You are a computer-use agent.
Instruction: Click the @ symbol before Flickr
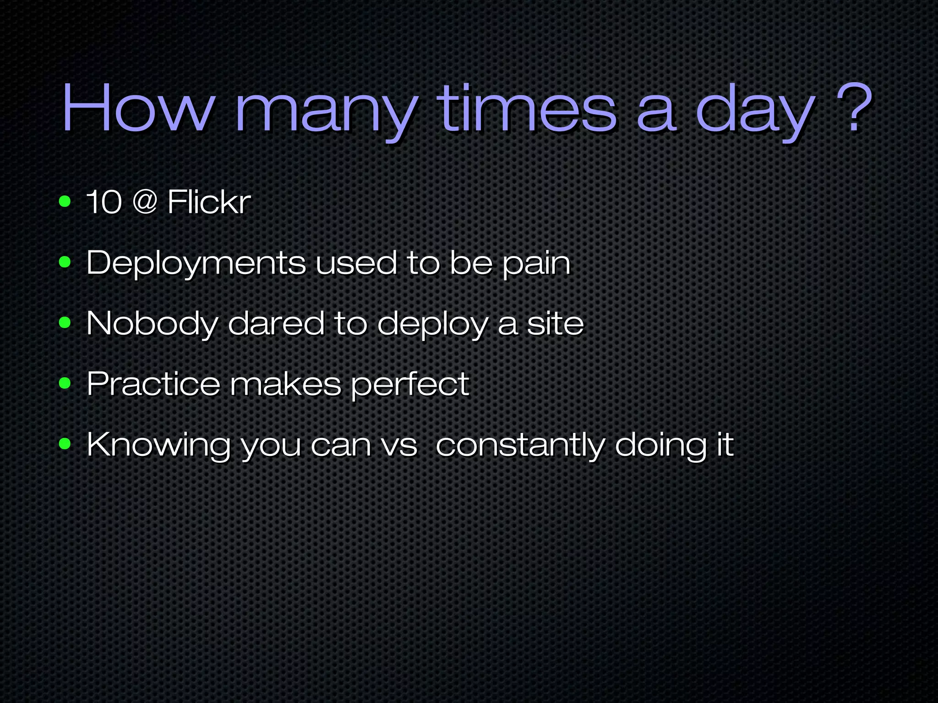click(x=145, y=201)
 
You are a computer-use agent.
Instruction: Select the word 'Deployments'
click(x=196, y=263)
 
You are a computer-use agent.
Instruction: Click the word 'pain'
click(x=536, y=264)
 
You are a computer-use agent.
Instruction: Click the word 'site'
click(x=555, y=323)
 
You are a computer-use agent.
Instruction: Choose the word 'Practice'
click(x=153, y=384)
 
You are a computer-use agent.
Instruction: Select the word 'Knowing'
click(x=158, y=445)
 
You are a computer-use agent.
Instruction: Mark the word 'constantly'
click(x=520, y=445)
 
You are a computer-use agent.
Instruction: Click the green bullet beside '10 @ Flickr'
click(x=65, y=201)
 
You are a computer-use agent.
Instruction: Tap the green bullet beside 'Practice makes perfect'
click(x=65, y=383)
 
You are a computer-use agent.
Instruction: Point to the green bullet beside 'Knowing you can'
click(x=65, y=443)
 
